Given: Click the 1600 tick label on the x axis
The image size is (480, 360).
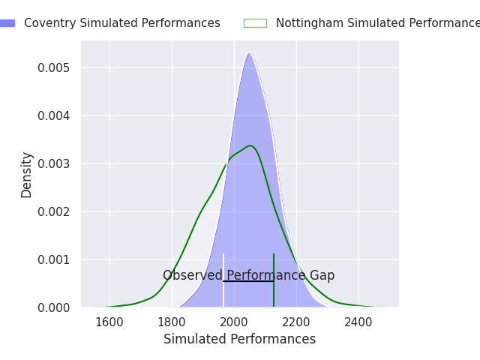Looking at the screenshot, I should pos(109,322).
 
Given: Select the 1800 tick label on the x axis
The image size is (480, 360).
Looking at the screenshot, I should pos(172,322).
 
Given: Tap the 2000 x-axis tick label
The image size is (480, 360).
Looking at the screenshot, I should pos(234,322).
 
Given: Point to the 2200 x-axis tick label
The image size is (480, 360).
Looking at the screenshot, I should pos(296,322).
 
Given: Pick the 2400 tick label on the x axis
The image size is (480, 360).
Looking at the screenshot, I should pos(358,322).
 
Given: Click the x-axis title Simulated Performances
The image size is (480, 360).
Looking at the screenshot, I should pos(239,339).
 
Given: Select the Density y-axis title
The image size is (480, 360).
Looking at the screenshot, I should pos(27,175).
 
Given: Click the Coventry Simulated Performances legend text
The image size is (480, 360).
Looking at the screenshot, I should pos(122,23).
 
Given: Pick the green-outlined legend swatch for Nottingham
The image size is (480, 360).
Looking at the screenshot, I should pos(255,23).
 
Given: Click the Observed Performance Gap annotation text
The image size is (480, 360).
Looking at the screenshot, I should pos(248,275).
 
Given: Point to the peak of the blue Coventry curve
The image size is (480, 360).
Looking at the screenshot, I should pos(249,52).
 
